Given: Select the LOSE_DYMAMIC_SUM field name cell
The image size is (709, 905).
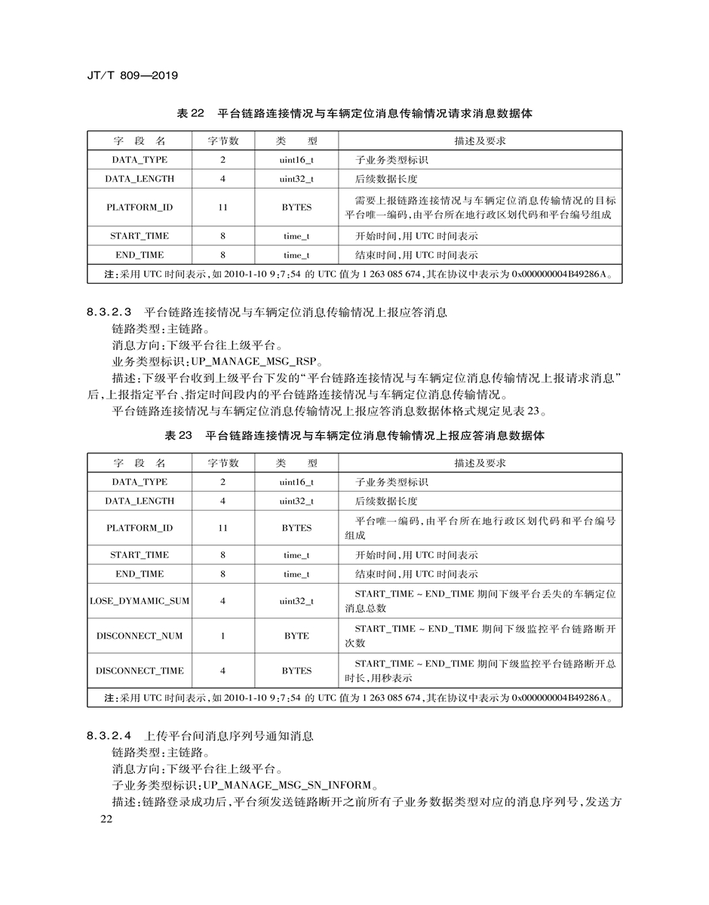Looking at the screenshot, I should [140, 601].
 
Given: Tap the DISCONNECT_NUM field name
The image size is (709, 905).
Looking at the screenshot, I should [140, 636].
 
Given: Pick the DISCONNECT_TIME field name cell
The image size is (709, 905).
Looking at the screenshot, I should [140, 670].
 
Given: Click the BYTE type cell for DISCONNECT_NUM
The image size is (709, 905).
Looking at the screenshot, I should [296, 636].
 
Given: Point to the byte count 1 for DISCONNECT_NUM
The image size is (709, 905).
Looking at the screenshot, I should [223, 636].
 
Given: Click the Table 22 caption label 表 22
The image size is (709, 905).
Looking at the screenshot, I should [190, 114].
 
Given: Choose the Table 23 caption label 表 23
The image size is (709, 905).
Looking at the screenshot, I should [179, 436].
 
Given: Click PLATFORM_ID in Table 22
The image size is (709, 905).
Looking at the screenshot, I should [140, 207].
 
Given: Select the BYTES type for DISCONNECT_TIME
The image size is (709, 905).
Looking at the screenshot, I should [296, 670].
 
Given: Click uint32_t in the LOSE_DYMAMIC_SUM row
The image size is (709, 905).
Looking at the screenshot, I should [296, 601].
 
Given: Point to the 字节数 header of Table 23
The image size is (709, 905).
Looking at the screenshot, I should [223, 463].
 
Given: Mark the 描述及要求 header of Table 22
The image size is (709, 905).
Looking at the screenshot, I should [480, 141].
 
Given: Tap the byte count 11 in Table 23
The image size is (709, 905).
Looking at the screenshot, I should [223, 528].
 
